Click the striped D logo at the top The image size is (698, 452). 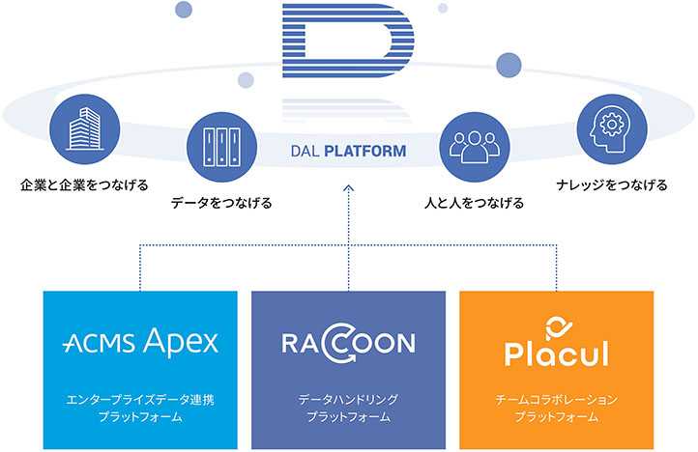pyautogui.click(x=348, y=41)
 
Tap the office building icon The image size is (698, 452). pyautogui.click(x=84, y=129)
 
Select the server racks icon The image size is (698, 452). pyautogui.click(x=221, y=147)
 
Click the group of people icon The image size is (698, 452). pyautogui.click(x=475, y=147)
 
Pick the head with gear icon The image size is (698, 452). pyautogui.click(x=612, y=129)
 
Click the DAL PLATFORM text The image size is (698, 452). pyautogui.click(x=348, y=152)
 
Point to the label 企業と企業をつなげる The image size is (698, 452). pyautogui.click(x=84, y=185)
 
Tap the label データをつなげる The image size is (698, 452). pyautogui.click(x=221, y=203)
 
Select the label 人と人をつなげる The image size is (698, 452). pyautogui.click(x=475, y=203)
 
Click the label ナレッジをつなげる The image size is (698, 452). pyautogui.click(x=612, y=185)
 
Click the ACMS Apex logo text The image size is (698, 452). pyautogui.click(x=140, y=342)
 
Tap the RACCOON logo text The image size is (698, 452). pyautogui.click(x=349, y=343)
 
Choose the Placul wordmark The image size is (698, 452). pyautogui.click(x=557, y=353)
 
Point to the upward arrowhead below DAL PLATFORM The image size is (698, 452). pyautogui.click(x=349, y=188)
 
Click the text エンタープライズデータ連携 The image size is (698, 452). pyautogui.click(x=140, y=400)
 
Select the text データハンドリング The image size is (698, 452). pyautogui.click(x=349, y=400)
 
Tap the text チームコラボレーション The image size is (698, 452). pyautogui.click(x=557, y=400)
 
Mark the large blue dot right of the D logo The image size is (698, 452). pyautogui.click(x=509, y=65)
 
